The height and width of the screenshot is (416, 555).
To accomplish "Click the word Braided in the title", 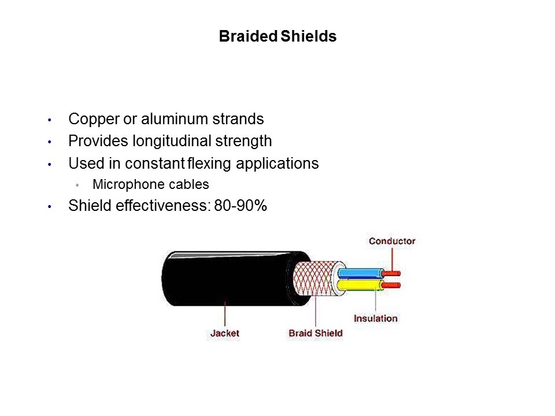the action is click(248, 36).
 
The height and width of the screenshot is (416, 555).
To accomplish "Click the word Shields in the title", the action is click(308, 36).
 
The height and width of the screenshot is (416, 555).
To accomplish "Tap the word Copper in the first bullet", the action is click(94, 120).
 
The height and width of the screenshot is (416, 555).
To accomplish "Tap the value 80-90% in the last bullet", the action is click(240, 206).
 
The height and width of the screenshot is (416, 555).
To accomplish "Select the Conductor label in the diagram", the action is click(392, 241).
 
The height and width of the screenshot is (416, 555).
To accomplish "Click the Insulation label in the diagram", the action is click(376, 318).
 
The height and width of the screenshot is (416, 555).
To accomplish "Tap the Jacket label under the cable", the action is click(225, 333).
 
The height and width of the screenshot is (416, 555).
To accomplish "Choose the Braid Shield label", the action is click(316, 333).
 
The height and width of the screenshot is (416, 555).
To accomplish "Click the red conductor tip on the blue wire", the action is click(391, 273).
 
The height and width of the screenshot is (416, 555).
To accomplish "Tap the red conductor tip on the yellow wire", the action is click(391, 285).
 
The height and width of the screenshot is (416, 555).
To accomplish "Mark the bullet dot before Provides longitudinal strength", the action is click(50, 142).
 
